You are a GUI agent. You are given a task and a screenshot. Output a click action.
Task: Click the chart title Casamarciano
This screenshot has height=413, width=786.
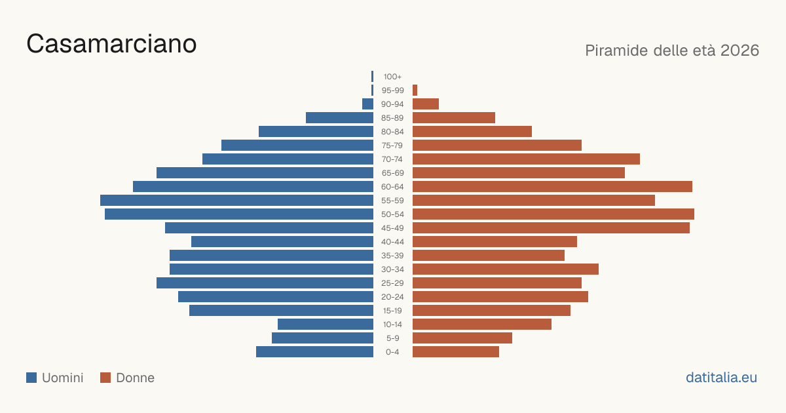click(111, 44)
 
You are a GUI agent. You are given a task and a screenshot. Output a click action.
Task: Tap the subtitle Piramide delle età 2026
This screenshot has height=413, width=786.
click(672, 50)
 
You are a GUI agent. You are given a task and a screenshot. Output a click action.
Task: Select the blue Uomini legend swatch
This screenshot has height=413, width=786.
click(31, 378)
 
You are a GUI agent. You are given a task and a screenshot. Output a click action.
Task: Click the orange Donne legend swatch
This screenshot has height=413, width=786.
click(105, 378)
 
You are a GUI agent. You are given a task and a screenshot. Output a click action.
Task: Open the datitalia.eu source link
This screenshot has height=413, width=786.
click(721, 378)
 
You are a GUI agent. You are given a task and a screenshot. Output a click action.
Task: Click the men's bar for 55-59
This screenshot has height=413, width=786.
click(237, 200)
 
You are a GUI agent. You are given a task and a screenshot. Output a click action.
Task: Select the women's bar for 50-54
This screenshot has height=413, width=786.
click(553, 214)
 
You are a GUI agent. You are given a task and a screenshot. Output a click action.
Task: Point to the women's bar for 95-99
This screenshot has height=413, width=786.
click(415, 90)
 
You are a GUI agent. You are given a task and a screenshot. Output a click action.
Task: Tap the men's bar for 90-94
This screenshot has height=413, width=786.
click(367, 104)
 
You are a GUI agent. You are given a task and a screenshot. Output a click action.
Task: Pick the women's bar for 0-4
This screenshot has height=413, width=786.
click(456, 351)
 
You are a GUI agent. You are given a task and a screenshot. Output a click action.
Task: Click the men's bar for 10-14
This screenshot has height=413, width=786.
click(326, 324)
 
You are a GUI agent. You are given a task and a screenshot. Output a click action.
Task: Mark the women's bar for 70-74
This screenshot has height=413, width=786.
click(527, 159)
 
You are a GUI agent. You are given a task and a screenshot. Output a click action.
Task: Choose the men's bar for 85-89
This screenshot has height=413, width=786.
click(340, 117)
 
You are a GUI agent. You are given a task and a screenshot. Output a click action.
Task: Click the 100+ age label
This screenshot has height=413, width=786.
click(392, 77)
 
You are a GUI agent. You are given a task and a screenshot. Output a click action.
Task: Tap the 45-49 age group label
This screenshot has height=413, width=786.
click(392, 228)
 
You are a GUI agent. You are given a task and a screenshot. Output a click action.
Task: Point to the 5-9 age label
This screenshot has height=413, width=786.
click(392, 338)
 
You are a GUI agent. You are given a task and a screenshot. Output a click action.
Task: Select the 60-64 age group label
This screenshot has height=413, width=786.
click(392, 186)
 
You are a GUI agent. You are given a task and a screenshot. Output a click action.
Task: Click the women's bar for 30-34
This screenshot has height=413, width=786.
click(506, 269)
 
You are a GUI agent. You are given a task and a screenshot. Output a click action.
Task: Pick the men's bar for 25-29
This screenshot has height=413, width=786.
click(265, 283)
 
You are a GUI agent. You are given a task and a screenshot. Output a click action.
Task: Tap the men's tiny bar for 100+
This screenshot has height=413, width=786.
click(372, 76)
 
